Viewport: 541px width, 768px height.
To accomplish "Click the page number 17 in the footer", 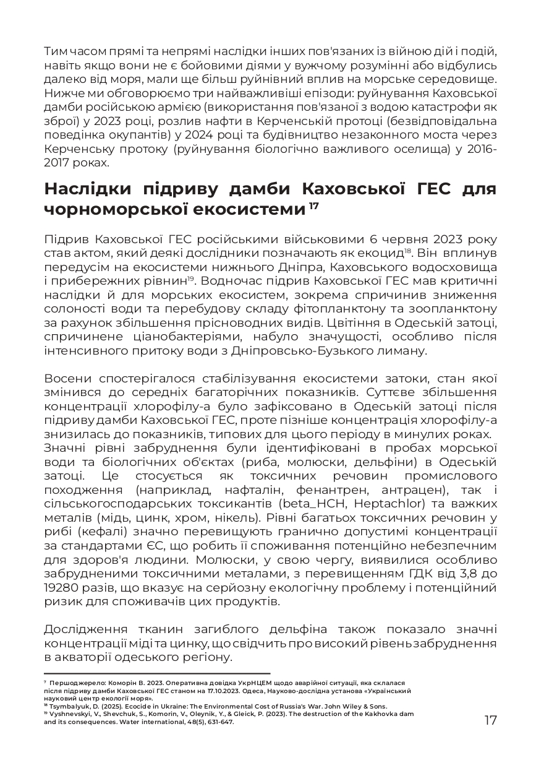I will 490,720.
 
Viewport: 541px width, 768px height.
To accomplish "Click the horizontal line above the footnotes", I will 158,673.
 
